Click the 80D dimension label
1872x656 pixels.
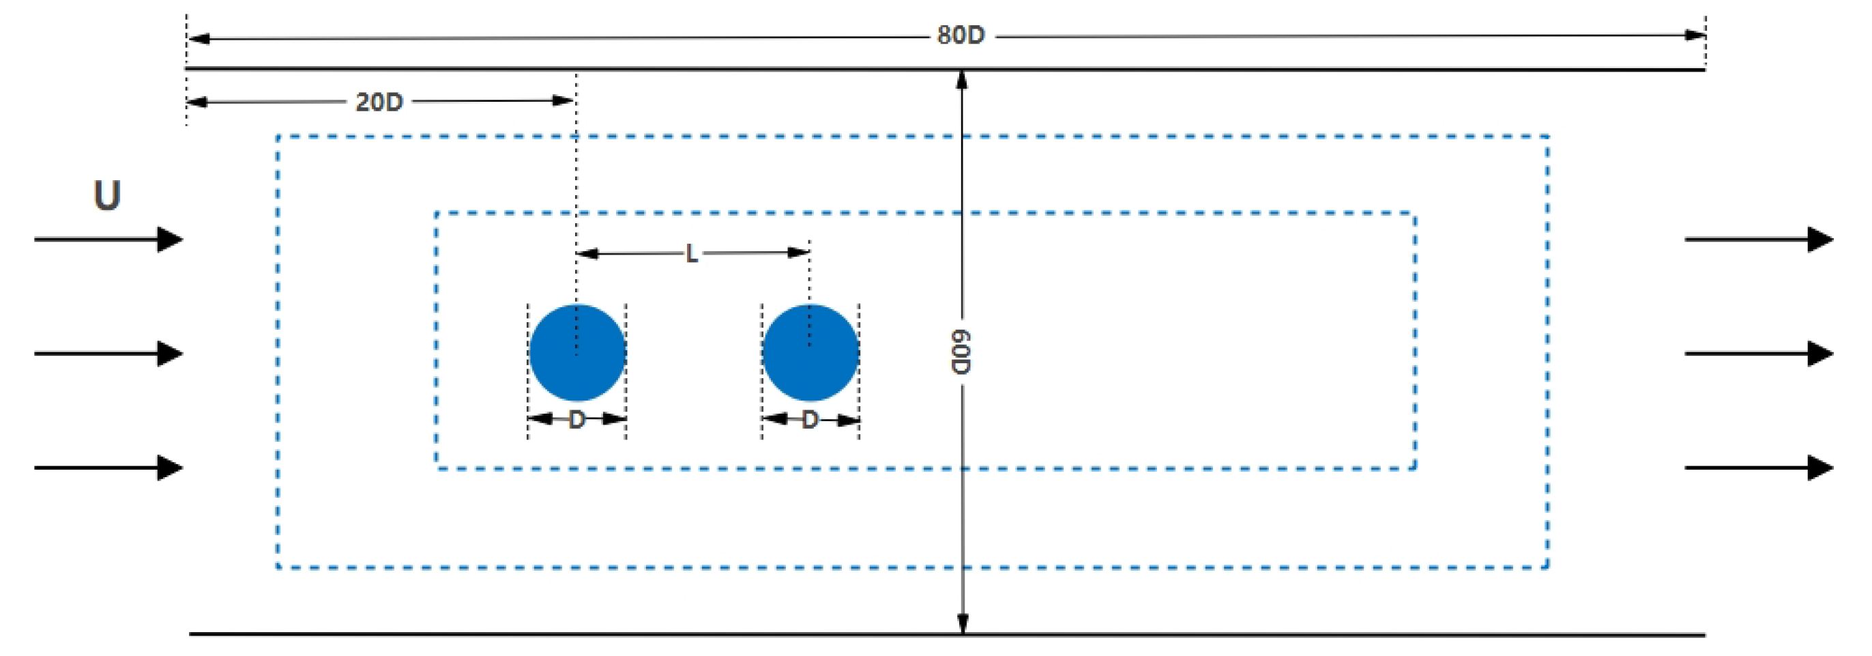960,35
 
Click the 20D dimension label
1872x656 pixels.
379,102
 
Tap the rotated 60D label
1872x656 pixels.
961,352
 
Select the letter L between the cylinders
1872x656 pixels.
691,254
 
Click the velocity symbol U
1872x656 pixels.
107,195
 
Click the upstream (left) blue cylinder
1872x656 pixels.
577,353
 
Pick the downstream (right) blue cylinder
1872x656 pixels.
810,353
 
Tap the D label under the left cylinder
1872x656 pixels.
576,420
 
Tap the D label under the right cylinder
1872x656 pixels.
810,420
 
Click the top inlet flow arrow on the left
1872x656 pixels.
109,240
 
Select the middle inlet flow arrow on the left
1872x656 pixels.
109,354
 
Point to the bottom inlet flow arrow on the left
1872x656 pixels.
109,468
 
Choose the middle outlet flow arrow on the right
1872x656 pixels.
1759,354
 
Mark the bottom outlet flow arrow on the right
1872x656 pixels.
1759,468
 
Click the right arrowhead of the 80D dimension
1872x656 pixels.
1695,35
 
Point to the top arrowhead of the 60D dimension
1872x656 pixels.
961,80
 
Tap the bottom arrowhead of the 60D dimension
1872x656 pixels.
962,624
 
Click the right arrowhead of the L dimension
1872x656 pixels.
799,253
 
